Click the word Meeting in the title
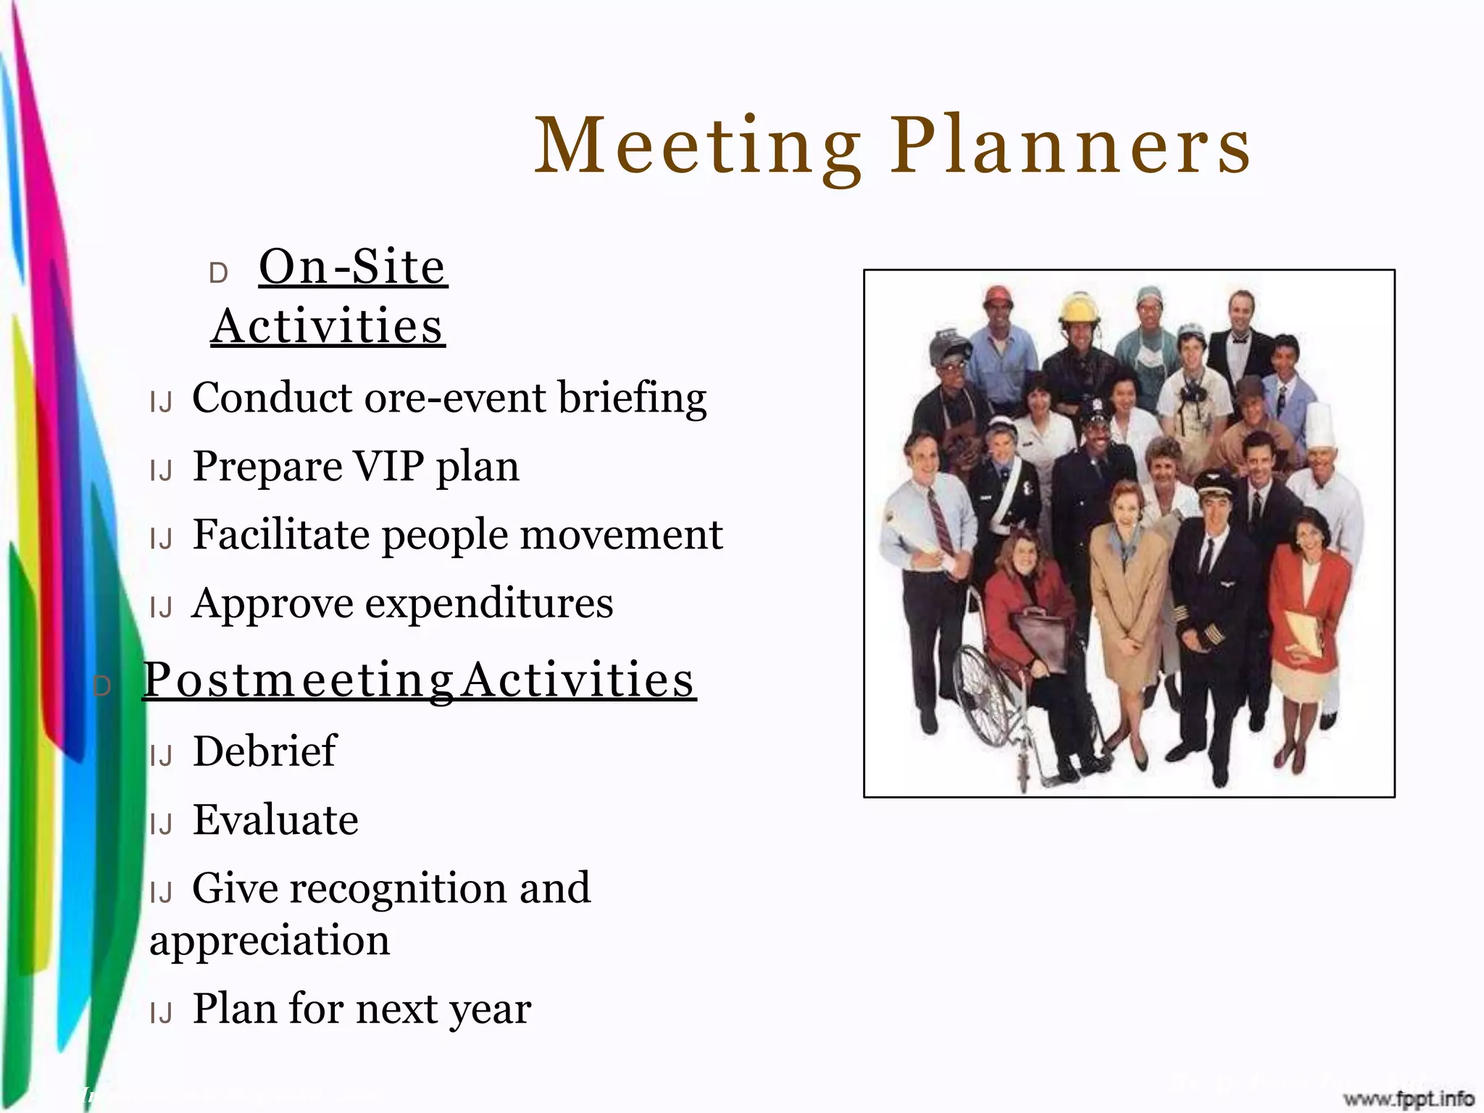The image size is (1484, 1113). (698, 147)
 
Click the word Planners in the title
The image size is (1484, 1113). (1071, 147)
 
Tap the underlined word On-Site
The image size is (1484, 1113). (353, 267)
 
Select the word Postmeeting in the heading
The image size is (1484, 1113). (298, 680)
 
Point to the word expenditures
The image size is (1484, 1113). (489, 603)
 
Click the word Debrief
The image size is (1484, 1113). (264, 751)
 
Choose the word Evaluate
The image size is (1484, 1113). (275, 820)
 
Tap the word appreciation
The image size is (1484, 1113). (270, 941)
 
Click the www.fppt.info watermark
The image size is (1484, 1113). (1409, 1099)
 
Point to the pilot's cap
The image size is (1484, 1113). (1214, 483)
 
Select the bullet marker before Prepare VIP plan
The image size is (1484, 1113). (161, 472)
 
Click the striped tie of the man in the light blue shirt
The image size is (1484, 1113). (940, 522)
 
